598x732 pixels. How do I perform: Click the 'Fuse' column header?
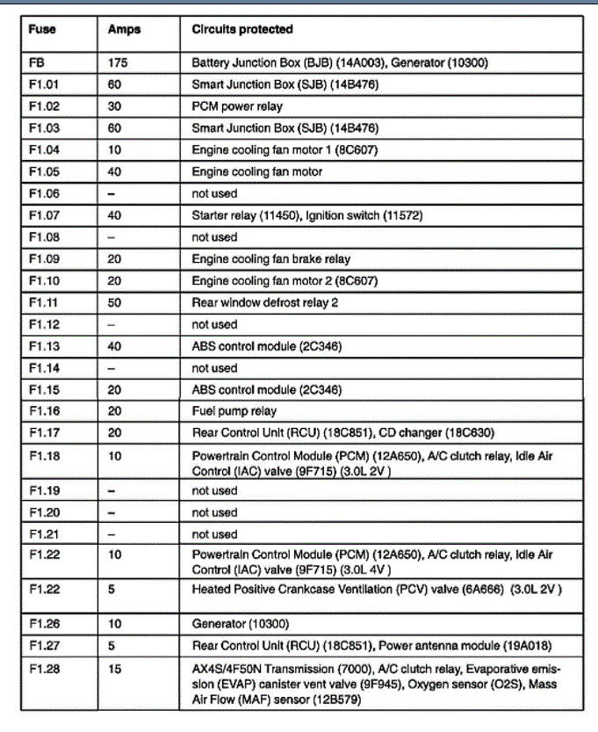click(42, 29)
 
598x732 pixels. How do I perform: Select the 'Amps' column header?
click(124, 29)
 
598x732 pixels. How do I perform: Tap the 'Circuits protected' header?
click(242, 29)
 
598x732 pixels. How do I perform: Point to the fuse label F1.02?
click(44, 107)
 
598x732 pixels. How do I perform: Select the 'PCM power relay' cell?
click(237, 107)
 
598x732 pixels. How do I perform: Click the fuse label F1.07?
click(44, 215)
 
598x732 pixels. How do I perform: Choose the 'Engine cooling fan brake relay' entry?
click(270, 259)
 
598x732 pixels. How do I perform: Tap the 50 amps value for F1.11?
click(114, 303)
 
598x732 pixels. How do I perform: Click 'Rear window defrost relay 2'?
click(264, 303)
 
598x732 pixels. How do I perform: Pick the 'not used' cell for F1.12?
click(214, 324)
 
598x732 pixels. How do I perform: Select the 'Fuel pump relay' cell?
click(234, 411)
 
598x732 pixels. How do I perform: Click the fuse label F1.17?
click(44, 433)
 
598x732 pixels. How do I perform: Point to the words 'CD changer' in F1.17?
click(411, 433)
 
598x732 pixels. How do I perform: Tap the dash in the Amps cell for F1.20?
click(112, 512)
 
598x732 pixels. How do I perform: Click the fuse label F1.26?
click(44, 625)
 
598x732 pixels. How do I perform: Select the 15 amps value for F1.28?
click(114, 669)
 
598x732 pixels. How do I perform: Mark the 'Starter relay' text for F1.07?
click(223, 215)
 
